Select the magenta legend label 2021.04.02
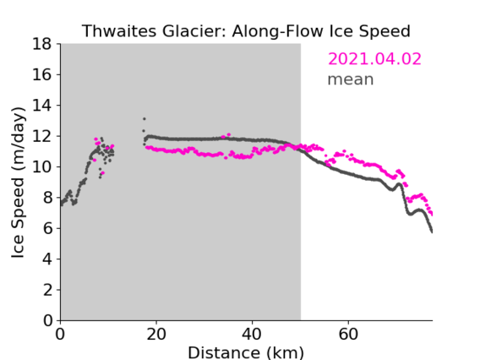(x=374, y=59)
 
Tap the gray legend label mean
(x=351, y=79)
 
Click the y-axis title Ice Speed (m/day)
(x=18, y=183)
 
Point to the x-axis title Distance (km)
(x=246, y=352)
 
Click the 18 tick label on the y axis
(x=42, y=44)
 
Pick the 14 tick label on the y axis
(x=42, y=106)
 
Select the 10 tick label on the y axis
(x=42, y=167)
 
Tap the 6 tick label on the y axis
(x=47, y=229)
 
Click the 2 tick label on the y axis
(x=47, y=290)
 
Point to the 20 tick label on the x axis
(x=156, y=335)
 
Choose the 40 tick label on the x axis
(x=252, y=335)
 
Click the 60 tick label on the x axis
(x=348, y=335)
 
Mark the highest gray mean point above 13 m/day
(x=145, y=119)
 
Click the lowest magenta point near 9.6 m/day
(x=102, y=173)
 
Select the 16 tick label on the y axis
(x=42, y=74)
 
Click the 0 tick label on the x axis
(x=60, y=335)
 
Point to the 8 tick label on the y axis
(x=47, y=198)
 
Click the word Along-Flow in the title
(x=277, y=31)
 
